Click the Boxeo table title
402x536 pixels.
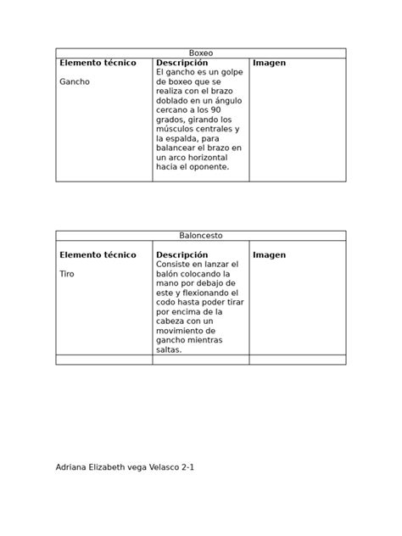pyautogui.click(x=201, y=53)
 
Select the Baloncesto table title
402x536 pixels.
pyautogui.click(x=201, y=235)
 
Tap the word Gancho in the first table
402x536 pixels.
pyautogui.click(x=74, y=82)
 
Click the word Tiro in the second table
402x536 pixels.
pyautogui.click(x=67, y=274)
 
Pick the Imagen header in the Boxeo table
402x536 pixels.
pyautogui.click(x=269, y=63)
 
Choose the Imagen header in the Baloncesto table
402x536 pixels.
pyautogui.click(x=269, y=254)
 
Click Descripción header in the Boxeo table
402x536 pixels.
pyautogui.click(x=181, y=63)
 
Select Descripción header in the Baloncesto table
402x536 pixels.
pyautogui.click(x=181, y=254)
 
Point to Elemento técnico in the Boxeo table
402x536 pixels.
pyautogui.click(x=97, y=63)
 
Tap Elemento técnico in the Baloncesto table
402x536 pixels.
pyautogui.click(x=97, y=254)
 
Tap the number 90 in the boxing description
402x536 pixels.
pyautogui.click(x=215, y=110)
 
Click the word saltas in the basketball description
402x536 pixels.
pyautogui.click(x=169, y=349)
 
